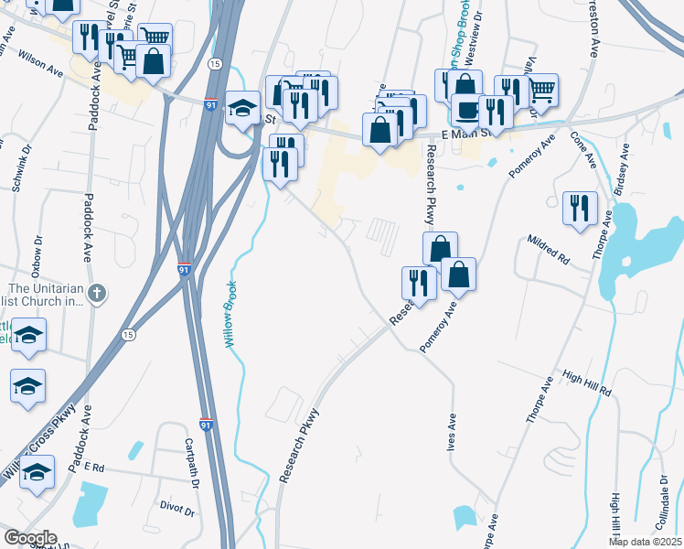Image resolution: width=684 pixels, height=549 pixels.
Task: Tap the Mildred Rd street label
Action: (x=548, y=250)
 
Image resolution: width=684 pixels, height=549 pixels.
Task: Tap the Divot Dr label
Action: (x=177, y=508)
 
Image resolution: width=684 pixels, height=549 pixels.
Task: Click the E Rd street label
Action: (x=95, y=466)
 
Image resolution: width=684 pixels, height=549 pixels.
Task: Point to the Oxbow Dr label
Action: (x=37, y=255)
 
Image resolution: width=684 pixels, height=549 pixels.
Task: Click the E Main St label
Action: (x=466, y=134)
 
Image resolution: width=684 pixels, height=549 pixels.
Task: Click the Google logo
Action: (x=30, y=538)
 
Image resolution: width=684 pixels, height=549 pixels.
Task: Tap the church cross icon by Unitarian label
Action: (x=99, y=294)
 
